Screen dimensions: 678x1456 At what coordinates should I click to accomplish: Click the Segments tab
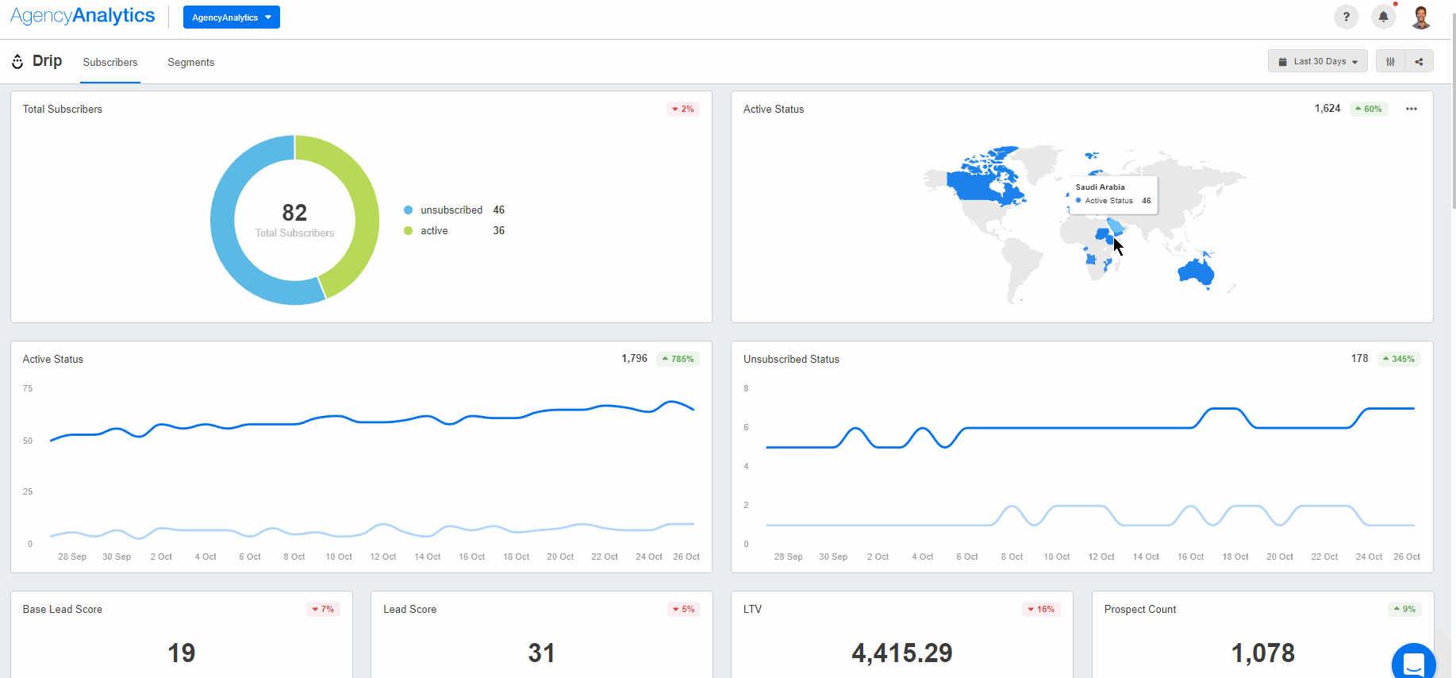point(190,62)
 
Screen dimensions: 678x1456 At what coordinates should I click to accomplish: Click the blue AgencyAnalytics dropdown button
point(231,17)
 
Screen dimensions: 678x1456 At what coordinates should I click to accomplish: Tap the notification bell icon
point(1383,17)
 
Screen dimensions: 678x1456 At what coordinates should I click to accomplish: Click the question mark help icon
point(1346,17)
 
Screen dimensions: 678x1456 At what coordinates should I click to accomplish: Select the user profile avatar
point(1420,17)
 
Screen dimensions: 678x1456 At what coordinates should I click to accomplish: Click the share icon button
point(1419,61)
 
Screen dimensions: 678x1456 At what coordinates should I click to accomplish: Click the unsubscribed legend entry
point(451,210)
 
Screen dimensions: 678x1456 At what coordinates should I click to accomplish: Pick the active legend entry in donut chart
point(434,230)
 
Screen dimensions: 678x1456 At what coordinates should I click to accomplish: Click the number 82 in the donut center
point(294,213)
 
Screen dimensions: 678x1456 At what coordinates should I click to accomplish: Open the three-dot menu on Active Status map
point(1411,109)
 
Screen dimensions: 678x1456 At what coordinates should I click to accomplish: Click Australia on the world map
point(1196,273)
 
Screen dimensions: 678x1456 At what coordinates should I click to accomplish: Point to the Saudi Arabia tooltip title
point(1100,187)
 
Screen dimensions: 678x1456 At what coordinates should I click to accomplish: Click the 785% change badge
point(678,359)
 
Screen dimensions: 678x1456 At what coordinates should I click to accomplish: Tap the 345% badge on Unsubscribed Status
point(1398,359)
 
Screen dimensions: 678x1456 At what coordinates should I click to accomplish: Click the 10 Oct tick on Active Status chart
point(339,557)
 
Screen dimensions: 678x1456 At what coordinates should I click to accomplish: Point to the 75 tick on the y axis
point(28,388)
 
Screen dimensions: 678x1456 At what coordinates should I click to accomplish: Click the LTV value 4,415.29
point(901,653)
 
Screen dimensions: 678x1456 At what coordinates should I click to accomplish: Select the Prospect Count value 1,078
point(1262,653)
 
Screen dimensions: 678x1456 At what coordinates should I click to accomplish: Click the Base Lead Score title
point(63,609)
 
